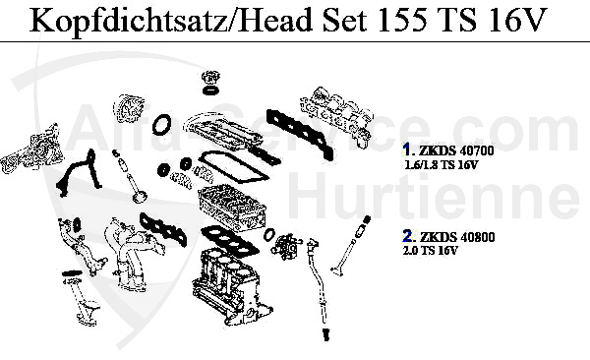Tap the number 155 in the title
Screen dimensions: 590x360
point(401,20)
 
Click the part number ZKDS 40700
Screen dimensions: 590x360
point(456,151)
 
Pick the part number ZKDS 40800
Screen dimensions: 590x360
point(457,237)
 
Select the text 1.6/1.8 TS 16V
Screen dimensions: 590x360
point(441,165)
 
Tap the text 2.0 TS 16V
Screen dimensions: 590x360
point(431,251)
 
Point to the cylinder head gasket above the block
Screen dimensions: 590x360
point(229,241)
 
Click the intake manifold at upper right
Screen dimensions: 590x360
point(336,112)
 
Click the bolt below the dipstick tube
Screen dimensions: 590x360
point(325,334)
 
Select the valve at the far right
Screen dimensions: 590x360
point(351,246)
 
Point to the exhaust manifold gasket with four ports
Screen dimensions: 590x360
point(163,230)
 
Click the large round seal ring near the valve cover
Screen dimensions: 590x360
point(162,125)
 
